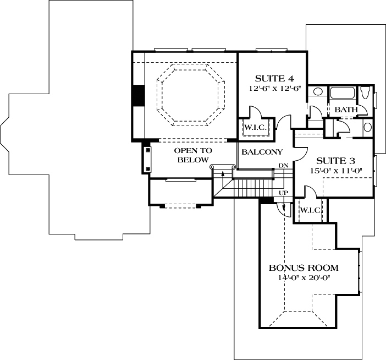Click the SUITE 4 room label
[271, 78]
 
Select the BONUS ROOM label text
[303, 268]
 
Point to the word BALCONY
[262, 152]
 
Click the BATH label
[346, 110]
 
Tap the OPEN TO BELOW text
[192, 155]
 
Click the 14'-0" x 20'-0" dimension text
[303, 278]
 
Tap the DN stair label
[283, 166]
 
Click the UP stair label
[284, 193]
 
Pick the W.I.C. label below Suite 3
[310, 210]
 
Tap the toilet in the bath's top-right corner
[366, 94]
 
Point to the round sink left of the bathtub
[317, 92]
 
